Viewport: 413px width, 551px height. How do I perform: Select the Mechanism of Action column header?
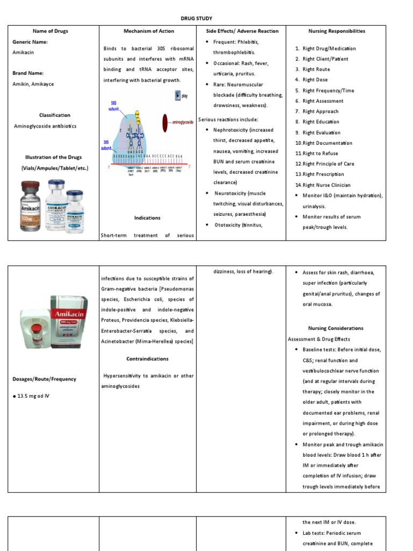click(x=147, y=31)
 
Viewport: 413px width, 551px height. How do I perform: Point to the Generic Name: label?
click(x=30, y=41)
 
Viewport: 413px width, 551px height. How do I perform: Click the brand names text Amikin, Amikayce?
click(x=33, y=84)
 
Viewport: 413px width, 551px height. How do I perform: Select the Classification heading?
click(x=54, y=115)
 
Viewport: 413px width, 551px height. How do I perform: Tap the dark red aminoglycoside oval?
click(x=167, y=123)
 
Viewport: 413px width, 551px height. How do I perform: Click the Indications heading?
click(x=147, y=218)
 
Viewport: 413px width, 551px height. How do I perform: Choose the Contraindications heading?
click(x=147, y=359)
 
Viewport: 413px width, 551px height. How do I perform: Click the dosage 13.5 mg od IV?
click(x=34, y=396)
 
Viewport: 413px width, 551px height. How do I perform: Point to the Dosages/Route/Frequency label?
click(x=45, y=379)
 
